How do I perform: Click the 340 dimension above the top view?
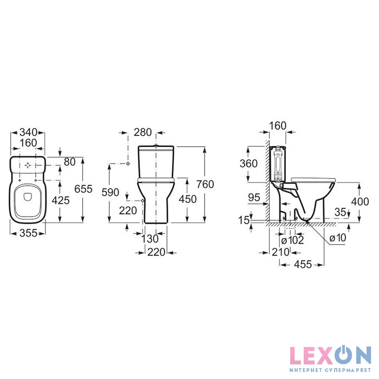pos(28,133)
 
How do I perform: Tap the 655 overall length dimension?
pos(83,189)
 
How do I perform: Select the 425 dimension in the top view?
pos(61,200)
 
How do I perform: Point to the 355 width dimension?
pos(28,233)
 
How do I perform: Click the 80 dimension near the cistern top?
pos(70,162)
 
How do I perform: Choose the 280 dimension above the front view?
pos(142,132)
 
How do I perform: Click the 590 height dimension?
pos(110,192)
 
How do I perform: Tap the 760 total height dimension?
pos(205,184)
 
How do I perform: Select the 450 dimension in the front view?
pos(187,199)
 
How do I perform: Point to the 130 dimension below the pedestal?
pos(149,239)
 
